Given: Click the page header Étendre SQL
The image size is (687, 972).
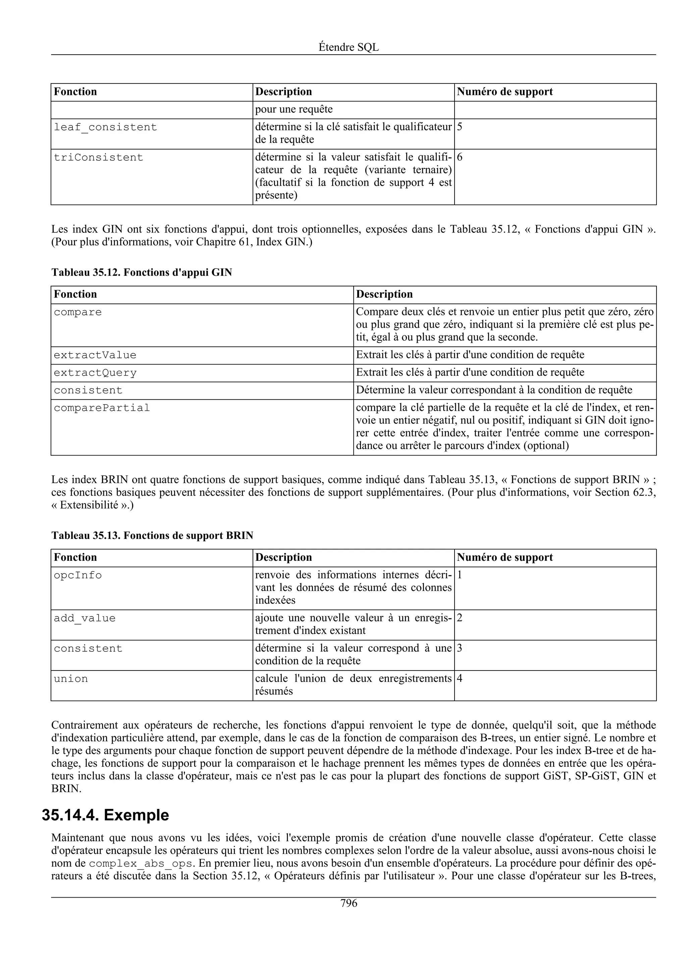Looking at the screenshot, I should [x=349, y=47].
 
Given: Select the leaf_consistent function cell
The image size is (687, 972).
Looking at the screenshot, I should [x=105, y=127].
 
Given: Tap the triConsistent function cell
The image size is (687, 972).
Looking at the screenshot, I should [x=99, y=158].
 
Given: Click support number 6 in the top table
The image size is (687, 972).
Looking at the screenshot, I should [x=460, y=158].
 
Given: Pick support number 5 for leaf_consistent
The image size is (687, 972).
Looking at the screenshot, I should [x=460, y=127].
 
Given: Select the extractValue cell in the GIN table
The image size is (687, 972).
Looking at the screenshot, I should [x=95, y=356].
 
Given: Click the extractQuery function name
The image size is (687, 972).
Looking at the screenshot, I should [x=95, y=373].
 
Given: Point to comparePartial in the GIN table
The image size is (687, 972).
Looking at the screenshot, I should [x=102, y=408].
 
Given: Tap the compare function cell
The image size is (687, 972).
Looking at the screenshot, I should [x=78, y=313].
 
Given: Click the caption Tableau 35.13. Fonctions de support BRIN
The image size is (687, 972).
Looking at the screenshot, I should [x=152, y=536].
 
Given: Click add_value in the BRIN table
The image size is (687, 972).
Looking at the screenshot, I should [x=85, y=618].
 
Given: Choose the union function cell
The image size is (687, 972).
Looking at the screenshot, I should [x=71, y=679].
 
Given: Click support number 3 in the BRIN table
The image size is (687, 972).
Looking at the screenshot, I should [x=460, y=649].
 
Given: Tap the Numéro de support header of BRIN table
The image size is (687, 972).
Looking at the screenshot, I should [x=505, y=557].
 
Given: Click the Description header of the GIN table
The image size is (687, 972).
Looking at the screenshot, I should [x=384, y=294].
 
